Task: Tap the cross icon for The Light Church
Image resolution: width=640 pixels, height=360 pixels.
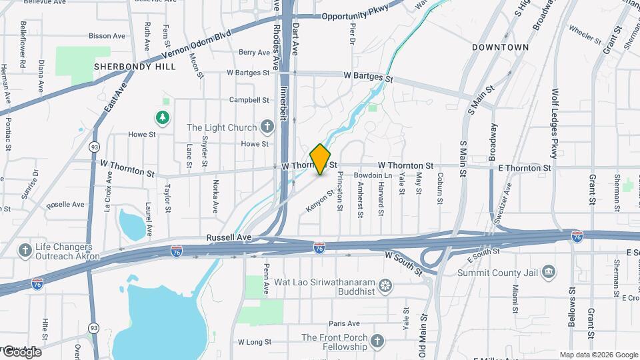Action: click(x=267, y=127)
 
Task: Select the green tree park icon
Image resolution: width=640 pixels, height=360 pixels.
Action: click(x=162, y=118)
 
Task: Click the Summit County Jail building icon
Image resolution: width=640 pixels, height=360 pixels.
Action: click(x=548, y=271)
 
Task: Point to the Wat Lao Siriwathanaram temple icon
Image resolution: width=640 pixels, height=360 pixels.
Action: click(x=385, y=287)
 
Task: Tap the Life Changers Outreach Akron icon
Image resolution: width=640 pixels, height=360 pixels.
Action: click(x=25, y=251)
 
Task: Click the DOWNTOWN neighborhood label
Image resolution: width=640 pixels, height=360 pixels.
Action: click(x=500, y=47)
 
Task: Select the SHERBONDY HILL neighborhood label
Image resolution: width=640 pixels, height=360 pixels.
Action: click(x=135, y=67)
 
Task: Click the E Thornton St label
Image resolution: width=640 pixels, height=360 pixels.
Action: click(x=525, y=168)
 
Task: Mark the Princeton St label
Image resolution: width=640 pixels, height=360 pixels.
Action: click(x=339, y=191)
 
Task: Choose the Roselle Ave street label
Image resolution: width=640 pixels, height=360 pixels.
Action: click(x=66, y=204)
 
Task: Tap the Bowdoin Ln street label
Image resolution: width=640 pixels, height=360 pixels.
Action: click(x=377, y=175)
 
